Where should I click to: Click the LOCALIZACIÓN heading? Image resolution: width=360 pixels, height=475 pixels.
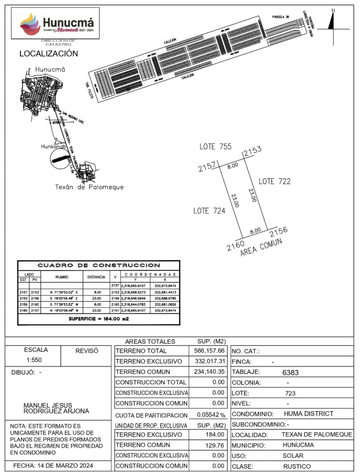pyautogui.click(x=48, y=54)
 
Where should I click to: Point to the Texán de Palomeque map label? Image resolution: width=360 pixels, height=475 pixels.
pyautogui.click(x=89, y=187)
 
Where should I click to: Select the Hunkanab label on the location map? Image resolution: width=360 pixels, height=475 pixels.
pyautogui.click(x=55, y=147)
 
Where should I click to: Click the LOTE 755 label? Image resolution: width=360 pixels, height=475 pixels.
pyautogui.click(x=215, y=147)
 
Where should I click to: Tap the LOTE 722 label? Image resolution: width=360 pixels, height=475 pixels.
pyautogui.click(x=275, y=181)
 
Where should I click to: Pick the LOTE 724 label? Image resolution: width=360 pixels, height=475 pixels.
pyautogui.click(x=209, y=211)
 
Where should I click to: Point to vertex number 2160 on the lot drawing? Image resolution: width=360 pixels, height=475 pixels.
pyautogui.click(x=236, y=246)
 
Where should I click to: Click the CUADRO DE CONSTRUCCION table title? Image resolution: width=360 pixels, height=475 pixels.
pyautogui.click(x=99, y=265)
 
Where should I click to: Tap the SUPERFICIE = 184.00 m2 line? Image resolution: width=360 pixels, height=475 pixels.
pyautogui.click(x=99, y=319)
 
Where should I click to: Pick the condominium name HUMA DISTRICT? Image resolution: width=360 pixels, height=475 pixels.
pyautogui.click(x=308, y=414)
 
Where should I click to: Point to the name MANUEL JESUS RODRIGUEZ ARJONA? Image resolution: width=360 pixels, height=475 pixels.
pyautogui.click(x=56, y=408)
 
